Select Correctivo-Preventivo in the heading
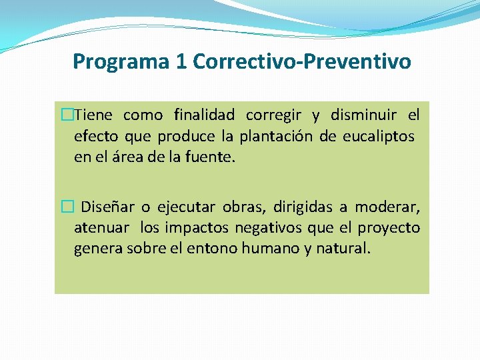[x=301, y=62]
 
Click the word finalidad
[x=204, y=115]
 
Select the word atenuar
[x=101, y=228]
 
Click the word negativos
[x=274, y=228]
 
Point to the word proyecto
[x=389, y=229]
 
